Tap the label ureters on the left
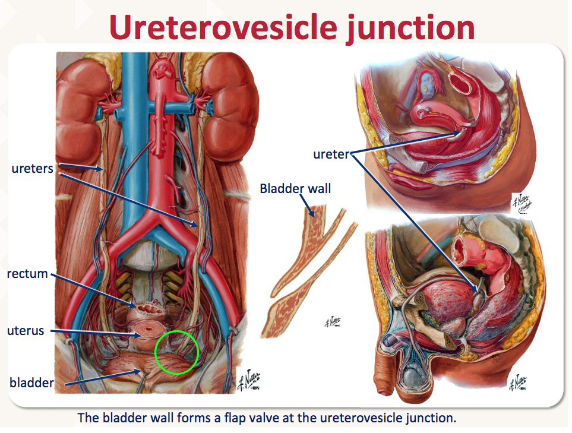[32, 169]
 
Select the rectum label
[27, 274]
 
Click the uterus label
[26, 330]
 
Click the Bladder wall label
[295, 189]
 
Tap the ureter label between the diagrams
[331, 154]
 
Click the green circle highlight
[176, 352]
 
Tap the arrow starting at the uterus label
[95, 333]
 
